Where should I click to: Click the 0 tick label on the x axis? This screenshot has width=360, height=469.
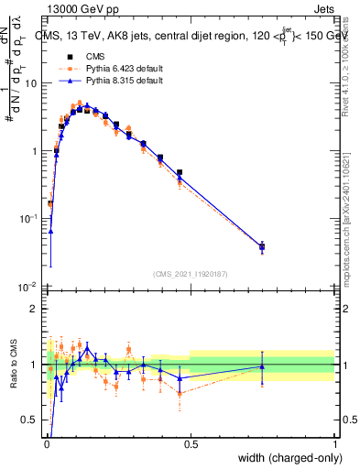click(46, 444)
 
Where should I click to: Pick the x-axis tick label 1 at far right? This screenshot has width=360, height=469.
click(334, 444)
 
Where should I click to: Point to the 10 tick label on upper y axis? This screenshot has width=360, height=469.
click(31, 83)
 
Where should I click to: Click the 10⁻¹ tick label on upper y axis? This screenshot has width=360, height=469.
click(29, 218)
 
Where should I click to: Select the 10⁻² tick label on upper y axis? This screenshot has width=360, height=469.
click(29, 286)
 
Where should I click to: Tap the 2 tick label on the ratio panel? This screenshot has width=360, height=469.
click(36, 309)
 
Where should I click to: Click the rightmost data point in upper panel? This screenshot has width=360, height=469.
click(262, 246)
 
